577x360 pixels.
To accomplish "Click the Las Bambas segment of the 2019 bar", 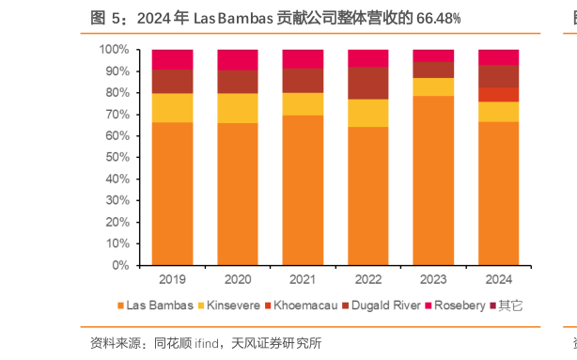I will (x=172, y=194).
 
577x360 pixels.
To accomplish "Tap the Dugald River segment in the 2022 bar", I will (x=367, y=83).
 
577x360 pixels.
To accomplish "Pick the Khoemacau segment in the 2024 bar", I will (x=498, y=94).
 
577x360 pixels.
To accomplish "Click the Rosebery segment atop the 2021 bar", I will (x=303, y=58).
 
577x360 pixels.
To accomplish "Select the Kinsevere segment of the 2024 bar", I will (x=498, y=111).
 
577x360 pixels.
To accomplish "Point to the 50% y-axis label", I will (x=118, y=157).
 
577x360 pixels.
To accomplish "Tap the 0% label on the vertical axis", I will (x=122, y=265).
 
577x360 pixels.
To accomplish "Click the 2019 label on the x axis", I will (x=172, y=279).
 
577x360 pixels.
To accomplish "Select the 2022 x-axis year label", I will (x=367, y=279).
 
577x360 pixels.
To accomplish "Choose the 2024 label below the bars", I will (x=498, y=279).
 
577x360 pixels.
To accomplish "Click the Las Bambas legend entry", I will (x=161, y=305).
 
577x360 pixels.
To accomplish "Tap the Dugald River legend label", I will (x=371, y=305).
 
